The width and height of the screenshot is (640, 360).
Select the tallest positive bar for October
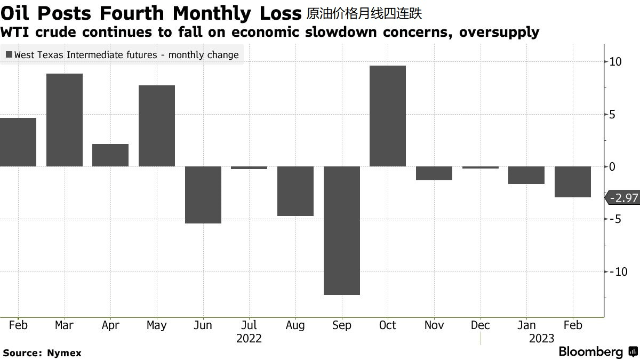(388, 116)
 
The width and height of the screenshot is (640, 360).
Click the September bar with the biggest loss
(342, 230)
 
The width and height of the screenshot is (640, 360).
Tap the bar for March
(65, 120)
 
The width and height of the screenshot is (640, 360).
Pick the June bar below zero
(203, 195)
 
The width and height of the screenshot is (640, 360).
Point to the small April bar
(110, 155)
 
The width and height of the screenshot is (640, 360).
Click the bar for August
(295, 191)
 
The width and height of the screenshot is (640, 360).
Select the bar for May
(157, 126)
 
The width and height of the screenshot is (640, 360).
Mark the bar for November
(434, 173)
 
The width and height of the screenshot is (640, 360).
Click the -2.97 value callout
(623, 198)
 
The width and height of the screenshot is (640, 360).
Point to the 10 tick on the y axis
(615, 62)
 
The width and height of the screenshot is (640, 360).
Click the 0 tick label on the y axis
(613, 167)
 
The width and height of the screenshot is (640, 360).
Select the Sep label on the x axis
(342, 325)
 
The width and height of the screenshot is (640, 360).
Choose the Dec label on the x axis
(481, 325)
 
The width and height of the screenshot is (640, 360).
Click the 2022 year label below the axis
(249, 339)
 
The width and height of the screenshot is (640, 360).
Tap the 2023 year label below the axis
(541, 339)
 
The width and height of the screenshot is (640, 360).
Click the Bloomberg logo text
(591, 351)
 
